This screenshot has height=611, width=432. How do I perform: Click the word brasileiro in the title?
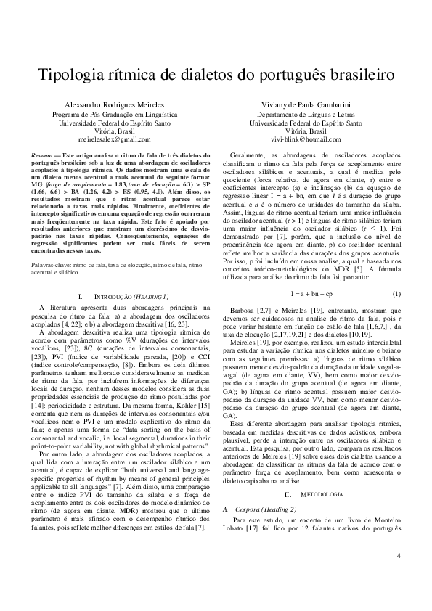[359, 75]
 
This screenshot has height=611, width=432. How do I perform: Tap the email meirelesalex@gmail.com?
[113, 138]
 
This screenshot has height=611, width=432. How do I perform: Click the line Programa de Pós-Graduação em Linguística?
[113, 115]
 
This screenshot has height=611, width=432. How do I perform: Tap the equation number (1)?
[396, 273]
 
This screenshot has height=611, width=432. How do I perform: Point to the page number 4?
[399, 577]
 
